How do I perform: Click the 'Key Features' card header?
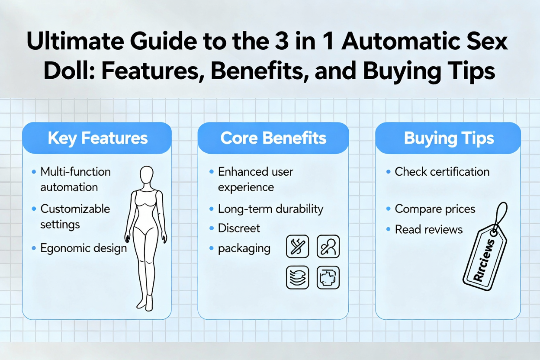pyautogui.click(x=97, y=138)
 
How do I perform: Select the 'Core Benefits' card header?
pyautogui.click(x=273, y=138)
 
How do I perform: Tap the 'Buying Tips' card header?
pyautogui.click(x=449, y=138)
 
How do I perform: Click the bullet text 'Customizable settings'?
pyautogui.click(x=75, y=217)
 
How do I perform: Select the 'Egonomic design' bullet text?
pyautogui.click(x=84, y=248)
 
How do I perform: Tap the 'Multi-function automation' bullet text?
pyautogui.click(x=75, y=180)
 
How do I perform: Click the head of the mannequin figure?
pyautogui.click(x=147, y=176)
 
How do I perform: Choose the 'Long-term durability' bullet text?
pyautogui.click(x=270, y=209)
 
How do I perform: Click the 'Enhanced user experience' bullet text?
pyautogui.click(x=255, y=180)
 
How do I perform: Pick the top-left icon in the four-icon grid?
pyautogui.click(x=298, y=246)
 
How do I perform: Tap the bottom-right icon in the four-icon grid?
pyautogui.click(x=328, y=277)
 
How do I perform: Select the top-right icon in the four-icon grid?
pyautogui.click(x=328, y=246)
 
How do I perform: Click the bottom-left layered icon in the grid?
pyautogui.click(x=298, y=277)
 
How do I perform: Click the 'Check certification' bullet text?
pyautogui.click(x=442, y=172)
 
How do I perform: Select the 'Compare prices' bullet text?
pyautogui.click(x=435, y=209)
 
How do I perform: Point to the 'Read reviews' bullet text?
pyautogui.click(x=428, y=229)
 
